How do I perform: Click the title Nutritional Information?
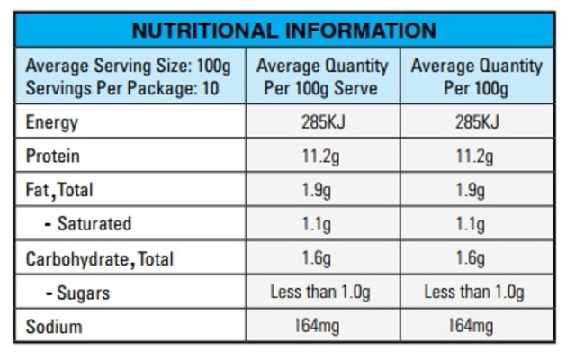point(283,30)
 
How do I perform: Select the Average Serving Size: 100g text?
point(128,67)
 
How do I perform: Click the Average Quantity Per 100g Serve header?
point(322,77)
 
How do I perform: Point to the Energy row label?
point(52,122)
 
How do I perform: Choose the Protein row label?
point(53,157)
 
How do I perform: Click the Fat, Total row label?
point(59,191)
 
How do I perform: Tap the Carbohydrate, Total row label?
point(99,259)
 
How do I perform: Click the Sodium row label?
point(53,327)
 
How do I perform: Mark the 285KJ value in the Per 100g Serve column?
point(322,122)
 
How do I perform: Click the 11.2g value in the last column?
point(475,157)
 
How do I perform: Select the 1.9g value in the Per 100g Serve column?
point(322,191)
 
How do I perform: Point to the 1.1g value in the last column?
point(475,224)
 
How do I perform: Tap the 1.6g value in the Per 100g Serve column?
point(322,259)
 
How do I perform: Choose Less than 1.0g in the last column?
point(475,292)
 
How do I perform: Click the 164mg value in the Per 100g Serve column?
point(322,327)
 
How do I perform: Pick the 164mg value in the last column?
point(475,327)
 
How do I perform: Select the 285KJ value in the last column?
point(475,122)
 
